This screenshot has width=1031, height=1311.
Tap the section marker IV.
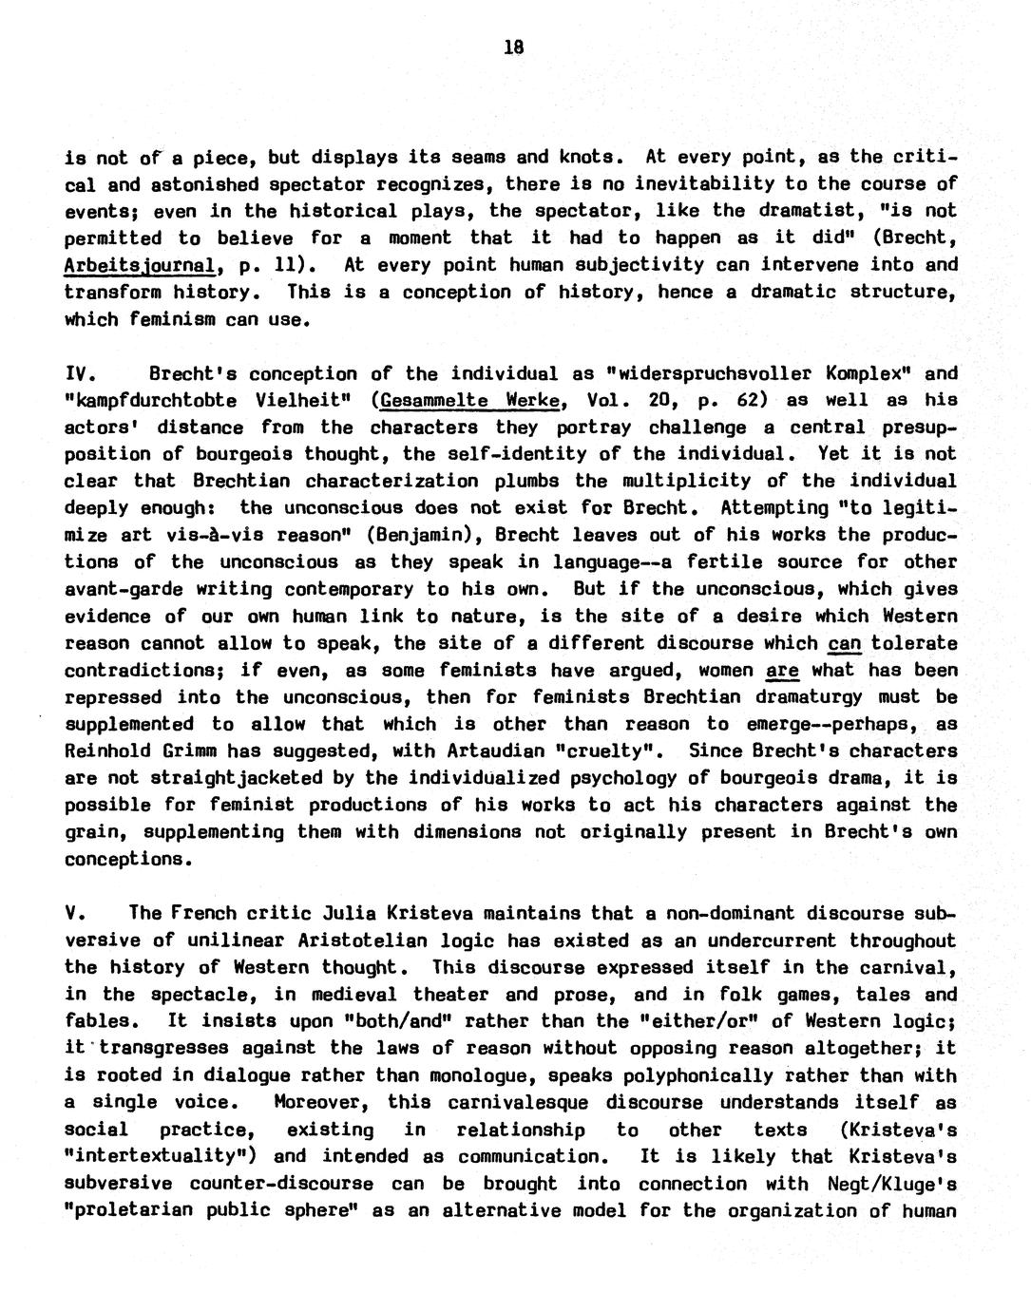(x=79, y=372)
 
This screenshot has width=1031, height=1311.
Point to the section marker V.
(x=75, y=914)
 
